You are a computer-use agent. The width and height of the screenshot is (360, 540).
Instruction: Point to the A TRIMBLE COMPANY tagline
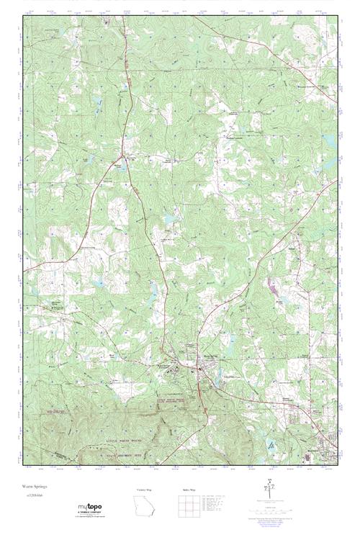point(89,513)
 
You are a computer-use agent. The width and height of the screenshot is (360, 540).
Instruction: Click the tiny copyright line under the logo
point(89,518)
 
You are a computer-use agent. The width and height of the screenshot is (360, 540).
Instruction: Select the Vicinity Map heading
point(144,490)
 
